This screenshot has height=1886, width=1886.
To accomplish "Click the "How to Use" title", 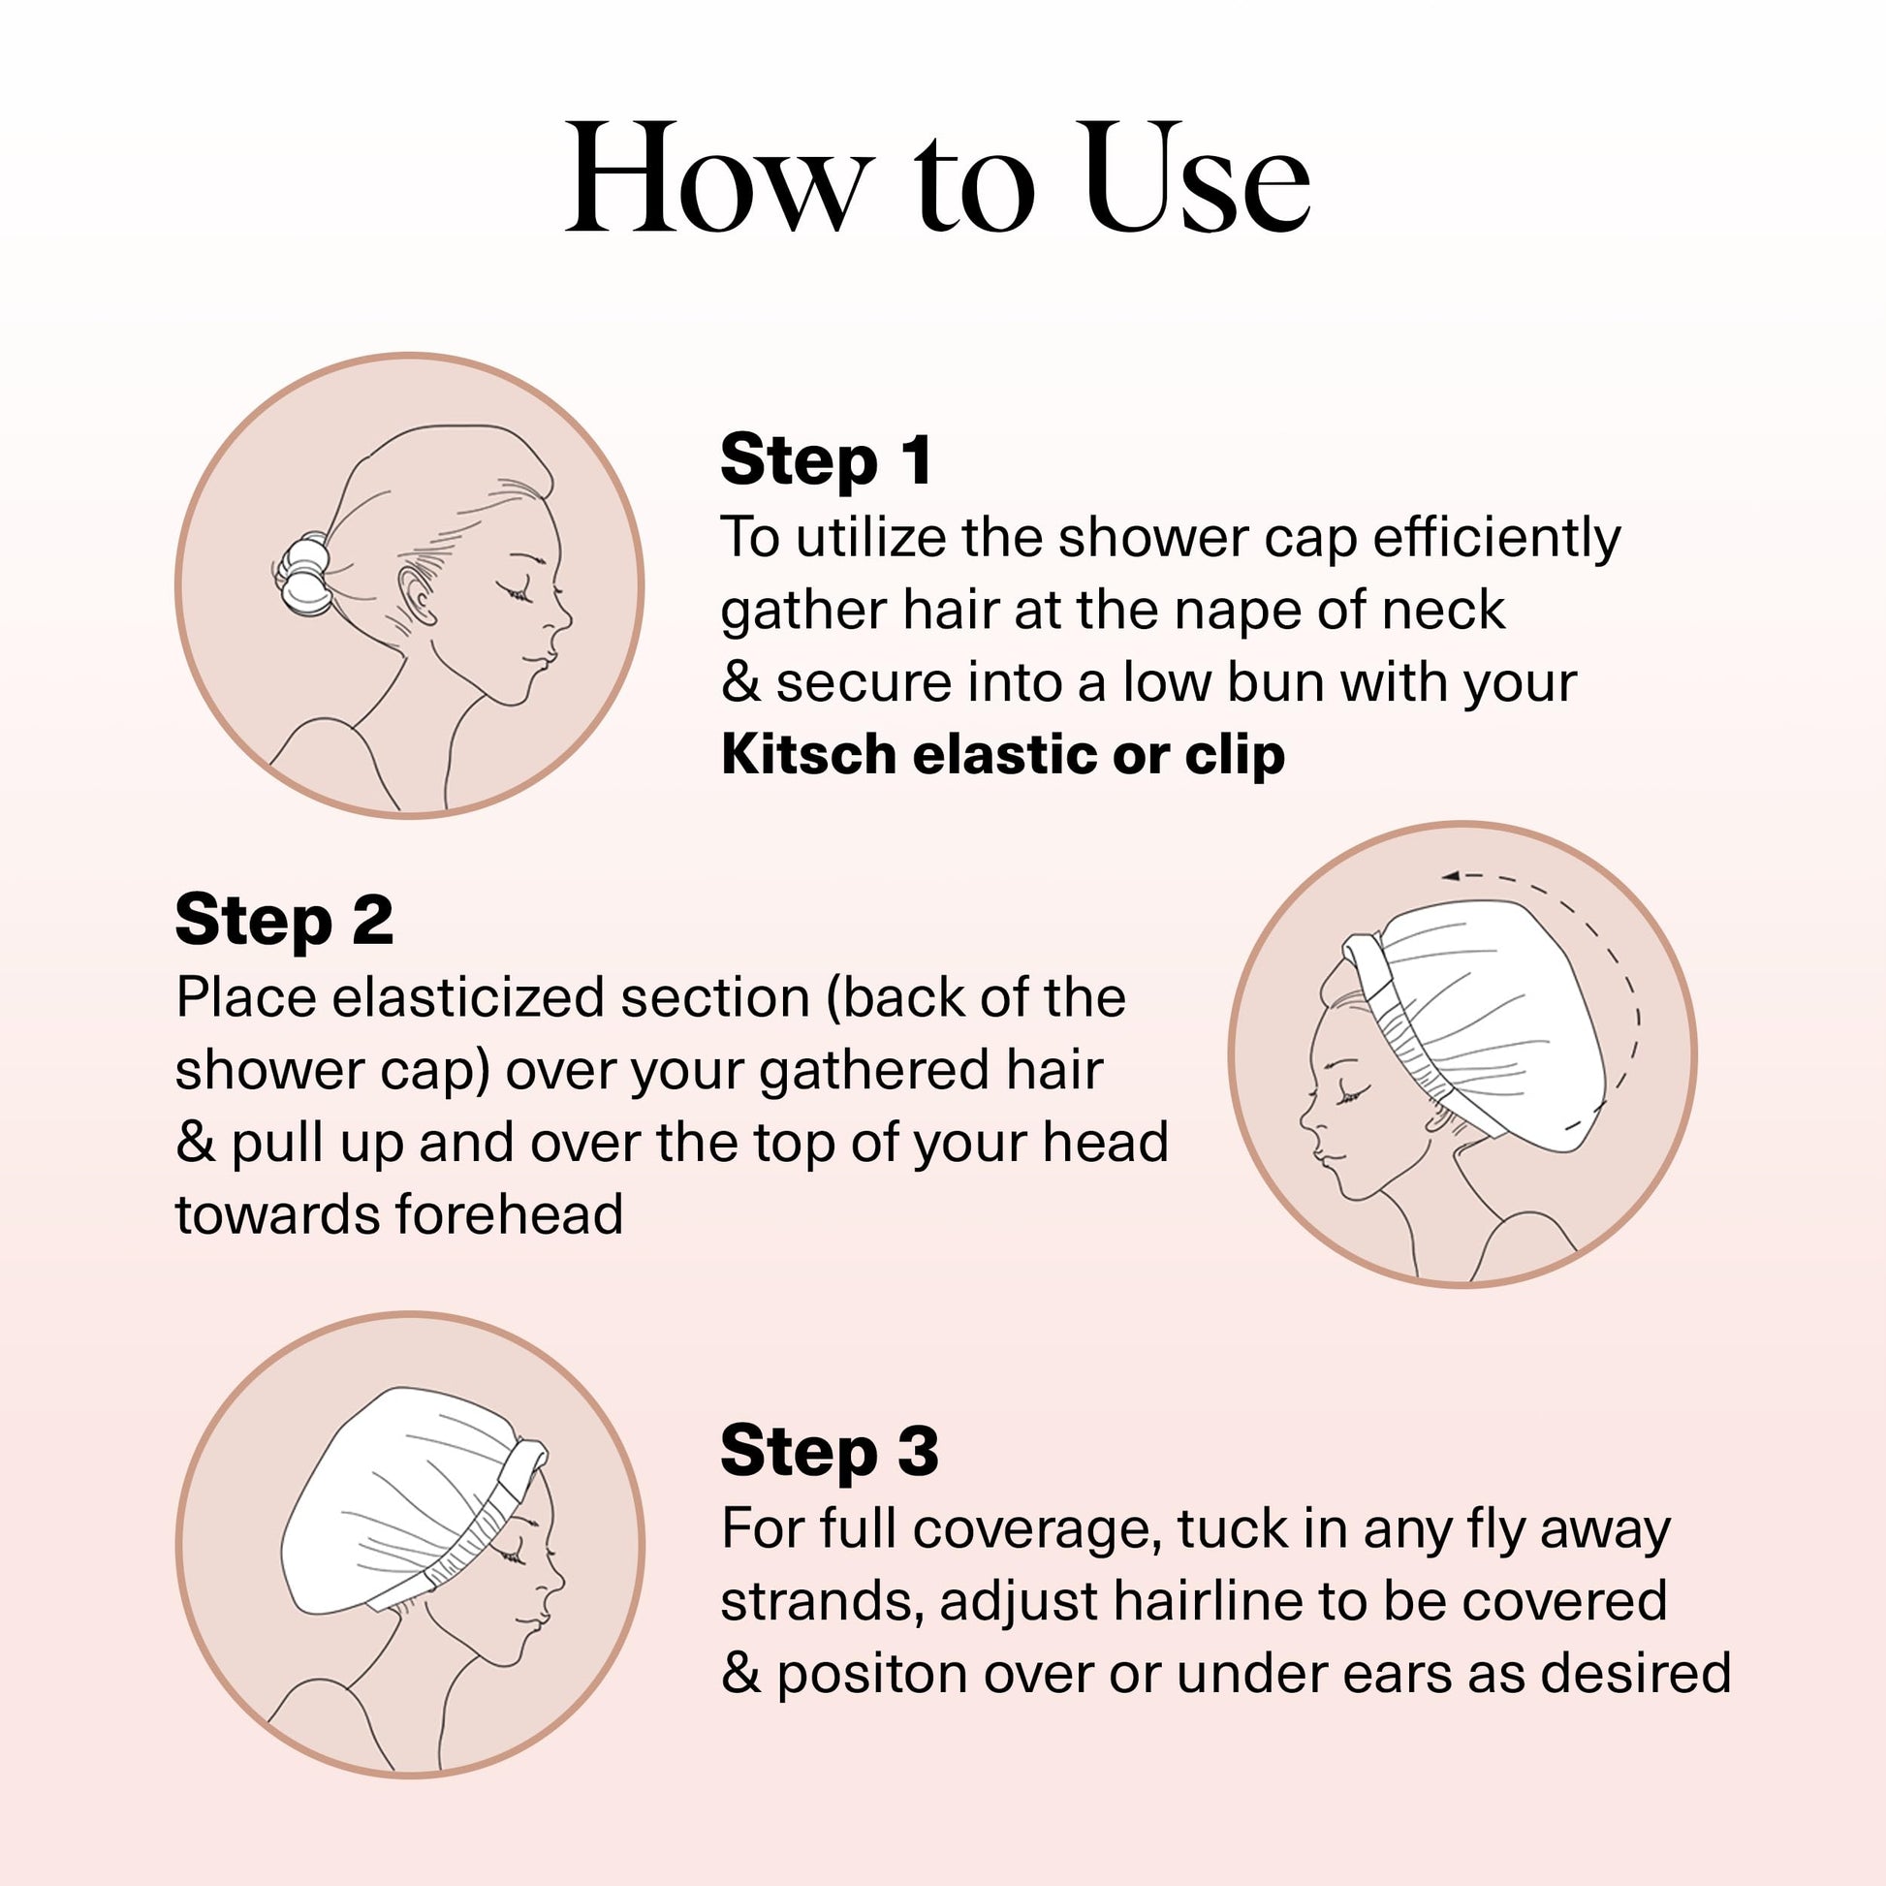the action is tap(938, 178).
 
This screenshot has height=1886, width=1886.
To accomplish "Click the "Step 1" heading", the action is tap(827, 459).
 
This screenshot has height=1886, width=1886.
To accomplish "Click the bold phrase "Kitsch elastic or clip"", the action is tap(1003, 756).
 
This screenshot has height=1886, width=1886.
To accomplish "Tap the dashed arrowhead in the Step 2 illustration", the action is tap(1452, 876).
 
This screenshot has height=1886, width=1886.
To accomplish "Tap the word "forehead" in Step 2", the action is tap(510, 1215).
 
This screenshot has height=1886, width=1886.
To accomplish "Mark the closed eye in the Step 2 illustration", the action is tap(1351, 1096).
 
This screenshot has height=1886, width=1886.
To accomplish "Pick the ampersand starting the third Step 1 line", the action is tap(740, 683).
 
